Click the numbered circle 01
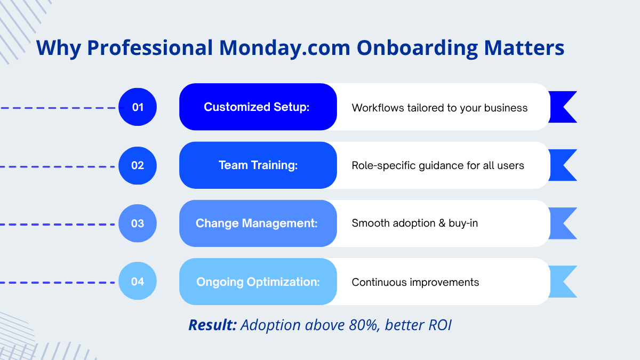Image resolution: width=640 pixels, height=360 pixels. (138, 107)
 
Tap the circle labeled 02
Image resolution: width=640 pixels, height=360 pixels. (138, 165)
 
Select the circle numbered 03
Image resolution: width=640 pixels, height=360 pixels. (138, 223)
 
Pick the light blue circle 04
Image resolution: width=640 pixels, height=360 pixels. (138, 281)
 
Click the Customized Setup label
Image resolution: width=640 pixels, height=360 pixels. (257, 107)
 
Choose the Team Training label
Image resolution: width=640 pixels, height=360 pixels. (258, 165)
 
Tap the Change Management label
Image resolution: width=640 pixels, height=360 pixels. (257, 223)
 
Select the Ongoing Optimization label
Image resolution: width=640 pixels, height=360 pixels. (258, 282)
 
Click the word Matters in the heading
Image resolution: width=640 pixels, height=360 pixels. (524, 47)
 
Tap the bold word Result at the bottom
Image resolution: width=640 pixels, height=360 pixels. (213, 325)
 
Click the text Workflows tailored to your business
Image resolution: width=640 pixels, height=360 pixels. (439, 108)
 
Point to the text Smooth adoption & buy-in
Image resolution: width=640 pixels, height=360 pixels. (414, 223)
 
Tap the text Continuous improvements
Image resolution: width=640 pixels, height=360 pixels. (415, 282)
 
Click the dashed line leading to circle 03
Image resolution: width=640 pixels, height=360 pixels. (57, 225)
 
